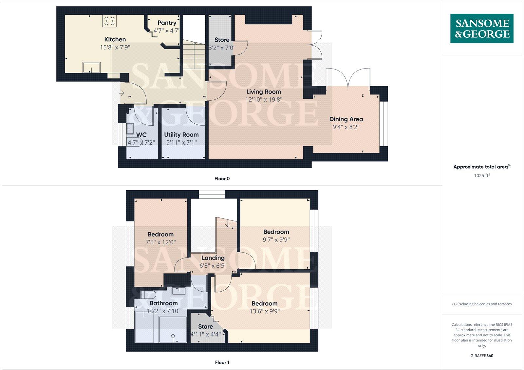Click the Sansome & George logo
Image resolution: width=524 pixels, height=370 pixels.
[x=482, y=29]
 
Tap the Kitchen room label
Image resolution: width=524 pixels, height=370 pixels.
[x=115, y=39]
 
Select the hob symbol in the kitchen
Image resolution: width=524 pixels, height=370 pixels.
[x=109, y=21]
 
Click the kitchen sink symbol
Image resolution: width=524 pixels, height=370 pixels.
[x=91, y=67]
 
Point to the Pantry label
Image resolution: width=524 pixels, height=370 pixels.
[x=167, y=23]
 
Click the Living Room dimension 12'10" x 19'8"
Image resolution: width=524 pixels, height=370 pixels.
[x=264, y=99]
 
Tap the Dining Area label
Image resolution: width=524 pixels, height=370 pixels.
[x=346, y=119]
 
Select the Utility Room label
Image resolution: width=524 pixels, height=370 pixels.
[x=181, y=134]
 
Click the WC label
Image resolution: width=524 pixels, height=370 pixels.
[x=141, y=134]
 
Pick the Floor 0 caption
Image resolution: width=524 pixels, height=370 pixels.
[x=222, y=179]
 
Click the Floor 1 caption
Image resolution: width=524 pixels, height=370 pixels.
[x=222, y=362]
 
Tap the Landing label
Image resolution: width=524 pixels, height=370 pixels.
[x=213, y=258]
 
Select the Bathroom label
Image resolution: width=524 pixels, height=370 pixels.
[x=163, y=303]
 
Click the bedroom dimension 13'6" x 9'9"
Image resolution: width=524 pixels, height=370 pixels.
[x=265, y=311]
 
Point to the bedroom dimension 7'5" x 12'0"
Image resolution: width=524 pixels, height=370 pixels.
[x=160, y=242]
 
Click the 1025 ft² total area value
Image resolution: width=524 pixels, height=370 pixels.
[x=482, y=175]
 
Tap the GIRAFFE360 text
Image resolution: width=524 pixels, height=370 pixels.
[x=482, y=356]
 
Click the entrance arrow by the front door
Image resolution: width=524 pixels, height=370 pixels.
[x=122, y=93]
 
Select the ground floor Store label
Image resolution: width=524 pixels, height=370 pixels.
[x=222, y=40]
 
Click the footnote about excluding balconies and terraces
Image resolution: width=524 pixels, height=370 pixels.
[x=482, y=304]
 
